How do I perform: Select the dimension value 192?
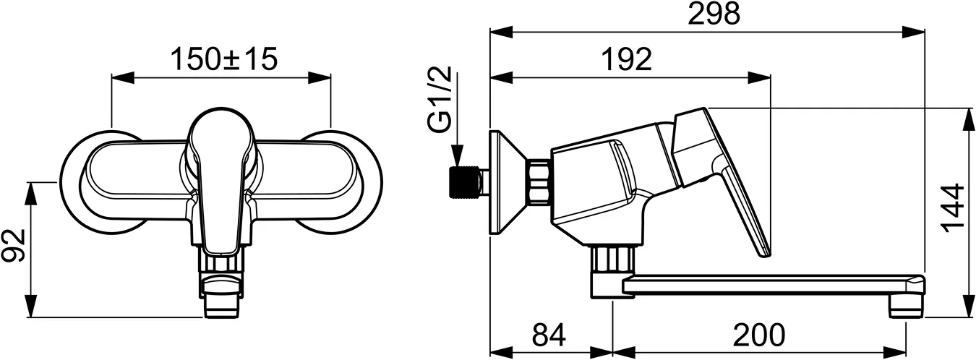626,59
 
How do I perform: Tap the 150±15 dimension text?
223,59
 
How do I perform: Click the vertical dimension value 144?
955,207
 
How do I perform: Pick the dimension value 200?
758,335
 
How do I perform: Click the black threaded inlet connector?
463,183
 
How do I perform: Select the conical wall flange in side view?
507,182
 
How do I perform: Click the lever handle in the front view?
221,181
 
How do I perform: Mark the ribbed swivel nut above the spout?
614,257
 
